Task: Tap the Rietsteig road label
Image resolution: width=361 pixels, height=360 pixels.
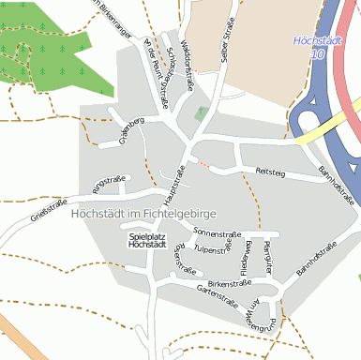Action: click(269, 171)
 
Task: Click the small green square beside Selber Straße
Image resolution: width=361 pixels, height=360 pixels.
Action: click(200, 113)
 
